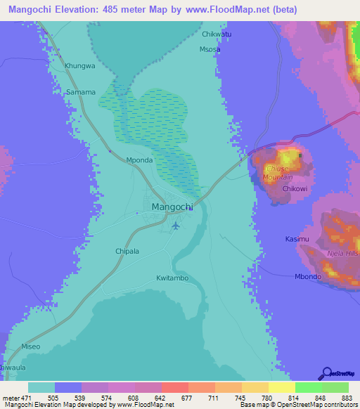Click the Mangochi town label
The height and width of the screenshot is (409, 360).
[172, 207]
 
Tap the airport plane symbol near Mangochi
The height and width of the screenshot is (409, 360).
[176, 226]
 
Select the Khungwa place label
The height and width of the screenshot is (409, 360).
[79, 66]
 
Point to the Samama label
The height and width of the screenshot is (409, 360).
[80, 93]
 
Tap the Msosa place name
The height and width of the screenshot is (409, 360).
[210, 50]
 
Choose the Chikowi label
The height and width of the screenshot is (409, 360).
[296, 189]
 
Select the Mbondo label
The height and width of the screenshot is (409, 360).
[308, 276]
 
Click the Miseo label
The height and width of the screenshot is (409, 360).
[31, 346]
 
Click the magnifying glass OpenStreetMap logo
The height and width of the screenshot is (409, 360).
[326, 373]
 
